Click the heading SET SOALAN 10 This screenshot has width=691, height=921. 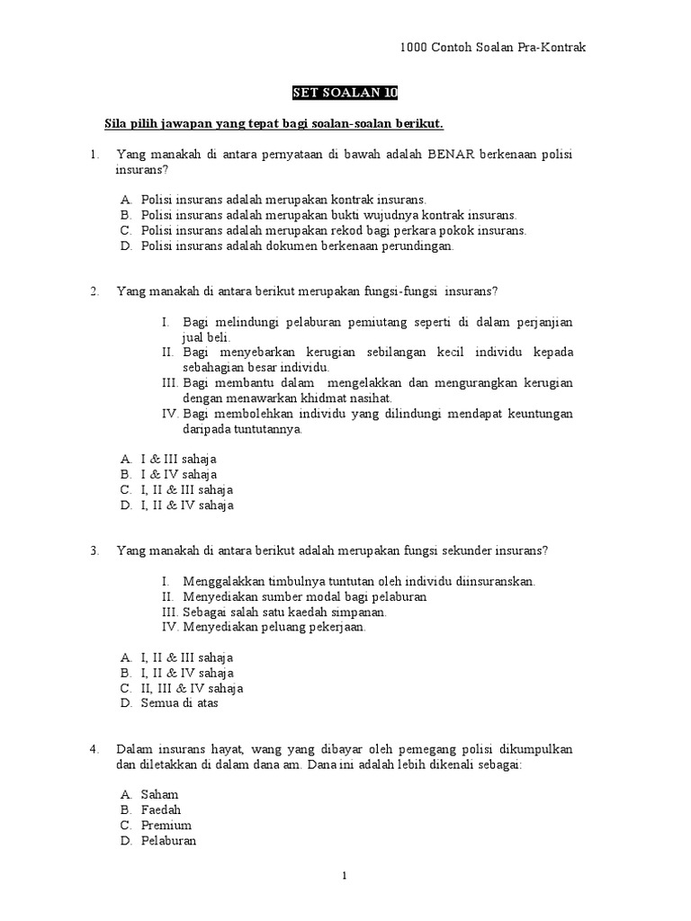pos(345,94)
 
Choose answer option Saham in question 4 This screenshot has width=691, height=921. pos(159,794)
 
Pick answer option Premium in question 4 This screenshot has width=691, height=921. pos(166,826)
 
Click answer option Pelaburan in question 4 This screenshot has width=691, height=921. pos(168,842)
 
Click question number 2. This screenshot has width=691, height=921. pos(94,291)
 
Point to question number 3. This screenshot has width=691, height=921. pos(94,550)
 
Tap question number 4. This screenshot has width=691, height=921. pos(94,748)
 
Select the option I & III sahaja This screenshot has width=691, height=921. pos(178,459)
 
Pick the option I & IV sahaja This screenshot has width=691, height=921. pos(178,474)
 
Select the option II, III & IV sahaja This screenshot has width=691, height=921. pos(192,688)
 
